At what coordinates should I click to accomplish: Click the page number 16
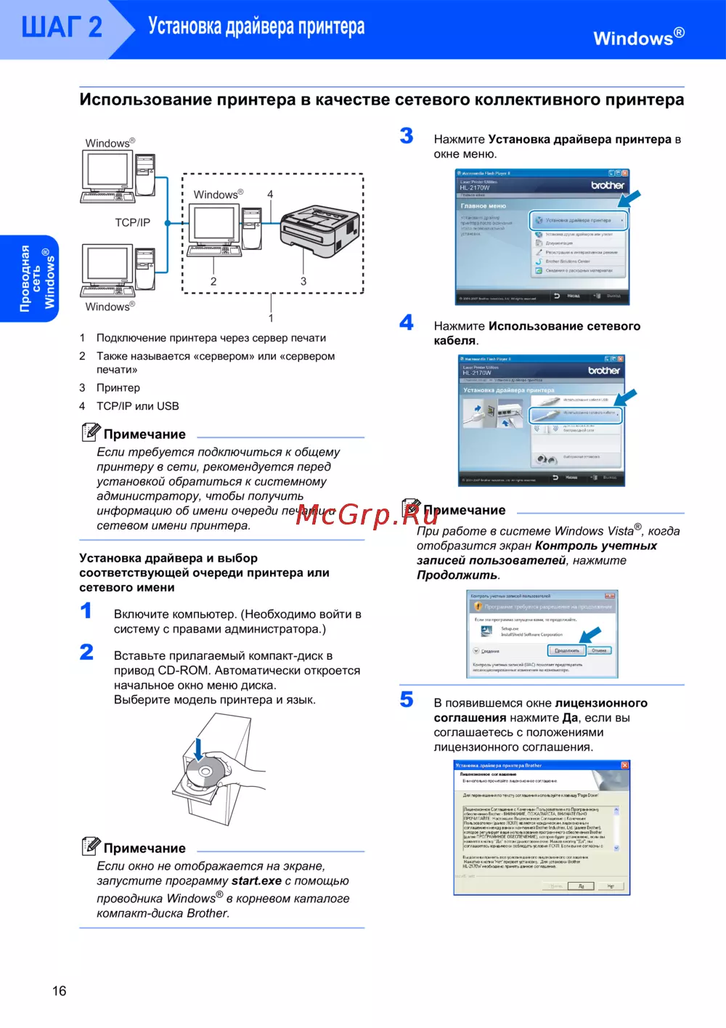point(59,991)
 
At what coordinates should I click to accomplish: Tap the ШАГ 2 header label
point(62,28)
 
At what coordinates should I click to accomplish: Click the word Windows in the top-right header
point(633,39)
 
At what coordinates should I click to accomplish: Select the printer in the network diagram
point(319,231)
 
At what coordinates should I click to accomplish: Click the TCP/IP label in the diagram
point(132,222)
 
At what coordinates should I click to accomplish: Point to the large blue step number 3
point(407,136)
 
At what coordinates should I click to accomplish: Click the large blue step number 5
point(407,700)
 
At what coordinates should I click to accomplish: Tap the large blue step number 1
point(86,610)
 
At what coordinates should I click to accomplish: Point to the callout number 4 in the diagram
point(270,194)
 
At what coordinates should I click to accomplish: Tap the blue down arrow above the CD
point(198,749)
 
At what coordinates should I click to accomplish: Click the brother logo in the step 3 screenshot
point(607,185)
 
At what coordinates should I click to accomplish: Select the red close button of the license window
point(624,765)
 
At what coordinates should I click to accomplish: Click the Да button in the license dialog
point(581,886)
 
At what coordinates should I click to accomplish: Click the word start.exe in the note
point(256,881)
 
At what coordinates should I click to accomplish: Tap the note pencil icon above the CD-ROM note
point(91,846)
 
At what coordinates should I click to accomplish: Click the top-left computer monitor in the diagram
point(107,171)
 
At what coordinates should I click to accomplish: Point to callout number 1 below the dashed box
point(271,318)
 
